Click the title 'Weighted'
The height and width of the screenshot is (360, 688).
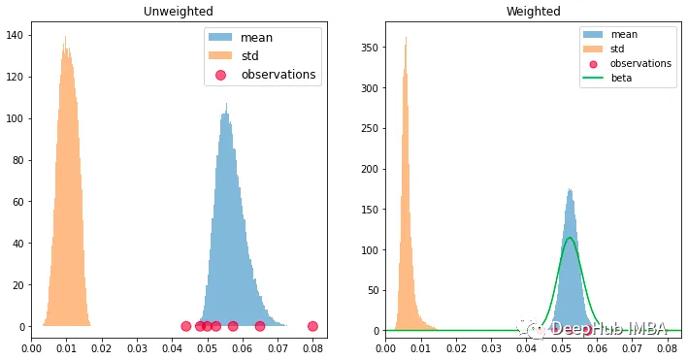pyautogui.click(x=533, y=12)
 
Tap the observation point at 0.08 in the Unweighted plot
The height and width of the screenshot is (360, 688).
pyautogui.click(x=312, y=326)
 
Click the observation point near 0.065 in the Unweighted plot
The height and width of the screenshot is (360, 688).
pyautogui.click(x=260, y=326)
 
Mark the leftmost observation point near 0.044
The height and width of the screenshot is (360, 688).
pyautogui.click(x=186, y=326)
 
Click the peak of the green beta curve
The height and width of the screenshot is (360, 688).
pyautogui.click(x=570, y=238)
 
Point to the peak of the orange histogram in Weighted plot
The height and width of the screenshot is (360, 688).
pyautogui.click(x=406, y=39)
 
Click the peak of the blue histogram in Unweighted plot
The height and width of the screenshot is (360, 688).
pyautogui.click(x=226, y=105)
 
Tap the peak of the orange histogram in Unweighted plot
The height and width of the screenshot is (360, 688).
pyautogui.click(x=65, y=38)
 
